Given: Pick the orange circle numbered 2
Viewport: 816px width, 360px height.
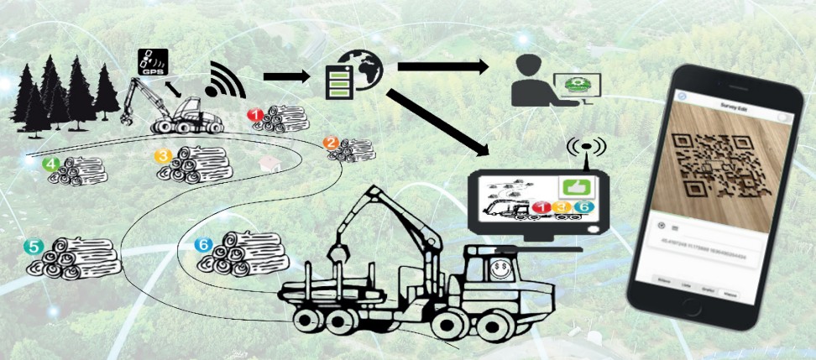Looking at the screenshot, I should point(332,143).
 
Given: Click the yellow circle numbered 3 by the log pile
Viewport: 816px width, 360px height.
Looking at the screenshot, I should point(164,155).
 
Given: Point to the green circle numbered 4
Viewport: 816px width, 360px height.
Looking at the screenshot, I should point(52,164).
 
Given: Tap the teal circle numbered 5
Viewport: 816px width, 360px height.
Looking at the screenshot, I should point(34,247).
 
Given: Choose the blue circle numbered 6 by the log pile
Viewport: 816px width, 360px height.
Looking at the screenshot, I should point(203,245).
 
